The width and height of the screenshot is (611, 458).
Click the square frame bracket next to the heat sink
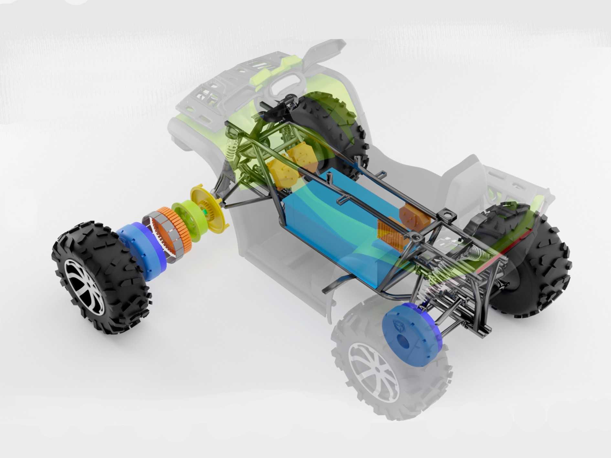coord(414,238)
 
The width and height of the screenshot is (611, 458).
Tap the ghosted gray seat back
coord(466,181)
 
